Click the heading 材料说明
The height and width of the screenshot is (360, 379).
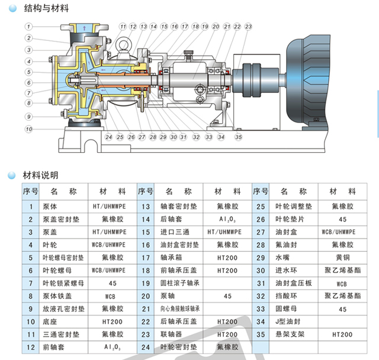40,176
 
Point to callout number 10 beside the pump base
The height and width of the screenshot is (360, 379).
28,128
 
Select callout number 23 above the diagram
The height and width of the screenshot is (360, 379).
248,27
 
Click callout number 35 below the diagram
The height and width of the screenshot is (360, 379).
238,137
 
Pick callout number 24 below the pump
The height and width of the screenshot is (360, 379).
108,137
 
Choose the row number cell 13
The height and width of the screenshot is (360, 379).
145,207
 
